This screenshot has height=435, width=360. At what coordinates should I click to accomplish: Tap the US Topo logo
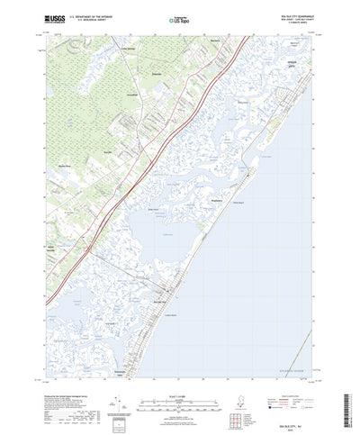point(179,17)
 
